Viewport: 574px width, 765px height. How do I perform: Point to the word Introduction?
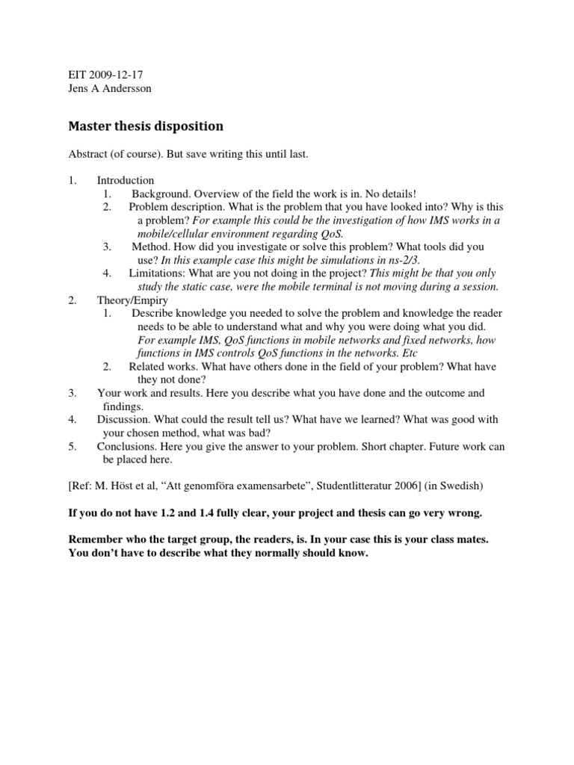(x=126, y=180)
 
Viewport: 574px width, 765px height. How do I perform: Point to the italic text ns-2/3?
(x=401, y=259)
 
